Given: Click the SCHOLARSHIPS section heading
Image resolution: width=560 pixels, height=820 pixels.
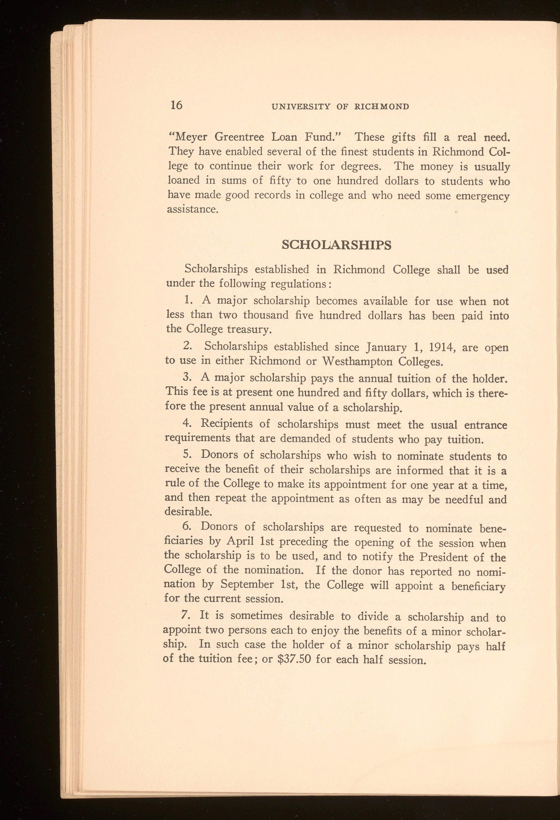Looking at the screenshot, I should coord(337,245).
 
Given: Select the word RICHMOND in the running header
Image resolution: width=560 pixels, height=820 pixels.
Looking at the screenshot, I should coord(382,106).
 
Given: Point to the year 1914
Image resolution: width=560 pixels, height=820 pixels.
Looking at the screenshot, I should coord(437,347).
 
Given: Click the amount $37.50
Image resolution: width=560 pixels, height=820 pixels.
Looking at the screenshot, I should coord(294,659).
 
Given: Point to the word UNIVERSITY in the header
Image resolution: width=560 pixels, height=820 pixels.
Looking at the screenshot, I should coord(300,106).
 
